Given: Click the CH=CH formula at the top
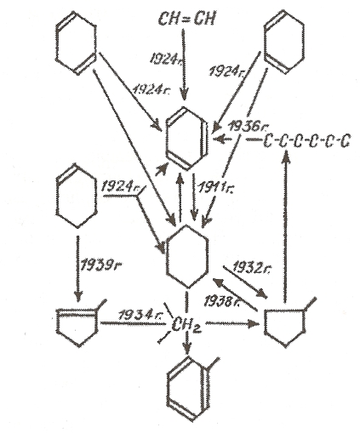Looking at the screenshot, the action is click(x=186, y=20).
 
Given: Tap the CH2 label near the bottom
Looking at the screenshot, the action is click(x=186, y=324).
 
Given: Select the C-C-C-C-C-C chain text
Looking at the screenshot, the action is click(x=306, y=141).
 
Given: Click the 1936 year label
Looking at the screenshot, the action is click(x=249, y=126).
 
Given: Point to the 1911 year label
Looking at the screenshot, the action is click(x=216, y=187).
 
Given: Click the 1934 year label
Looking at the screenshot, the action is click(x=139, y=316).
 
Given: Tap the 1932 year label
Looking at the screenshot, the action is click(x=254, y=268).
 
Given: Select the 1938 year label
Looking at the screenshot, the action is click(x=223, y=302).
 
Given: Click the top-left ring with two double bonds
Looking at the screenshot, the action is click(x=57, y=43).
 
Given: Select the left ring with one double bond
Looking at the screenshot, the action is click(x=57, y=196).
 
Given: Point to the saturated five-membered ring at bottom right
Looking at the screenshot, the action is click(x=266, y=323).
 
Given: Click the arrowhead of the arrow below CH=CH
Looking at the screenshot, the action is click(x=185, y=95).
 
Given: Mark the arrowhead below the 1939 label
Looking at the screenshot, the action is click(x=78, y=296).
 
